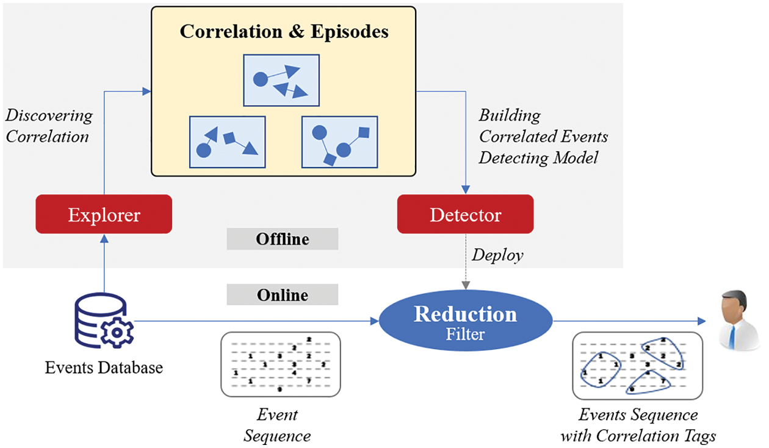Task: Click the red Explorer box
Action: point(104,214)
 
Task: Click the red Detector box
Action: point(465,214)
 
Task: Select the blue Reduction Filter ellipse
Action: point(465,321)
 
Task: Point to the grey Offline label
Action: point(282,239)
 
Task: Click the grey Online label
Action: point(282,295)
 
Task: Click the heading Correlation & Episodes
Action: point(284,32)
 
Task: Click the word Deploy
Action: point(497,255)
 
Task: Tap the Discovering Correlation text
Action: point(49,126)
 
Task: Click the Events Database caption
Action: point(104,368)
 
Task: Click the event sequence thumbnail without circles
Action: point(280,364)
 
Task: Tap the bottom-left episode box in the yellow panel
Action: point(228,142)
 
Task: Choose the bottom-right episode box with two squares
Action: point(339,142)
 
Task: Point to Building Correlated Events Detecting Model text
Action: point(542,137)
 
